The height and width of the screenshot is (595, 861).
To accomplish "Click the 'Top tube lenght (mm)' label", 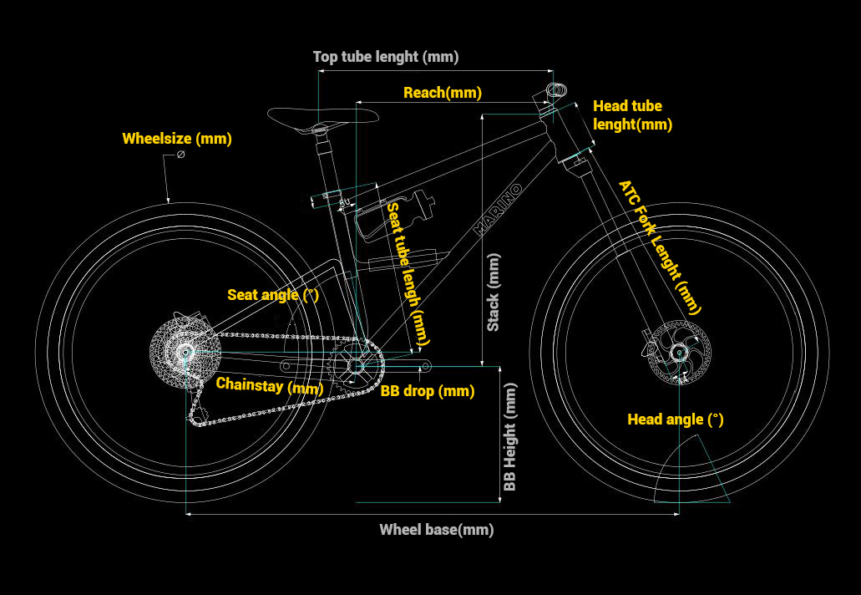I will tap(385, 57).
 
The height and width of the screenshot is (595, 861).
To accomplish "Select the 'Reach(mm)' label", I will tap(442, 93).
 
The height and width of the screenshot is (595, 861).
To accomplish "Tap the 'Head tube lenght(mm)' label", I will tap(631, 115).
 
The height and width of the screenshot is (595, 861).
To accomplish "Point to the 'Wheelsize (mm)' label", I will tap(177, 139).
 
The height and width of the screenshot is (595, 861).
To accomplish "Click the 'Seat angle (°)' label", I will tap(272, 295).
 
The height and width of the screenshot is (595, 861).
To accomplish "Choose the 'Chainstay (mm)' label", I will tap(269, 386).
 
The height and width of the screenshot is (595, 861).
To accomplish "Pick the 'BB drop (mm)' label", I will tap(428, 391).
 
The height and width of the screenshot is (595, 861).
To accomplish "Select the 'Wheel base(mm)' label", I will tap(436, 530).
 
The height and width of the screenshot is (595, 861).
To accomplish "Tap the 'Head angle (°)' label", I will tap(675, 420).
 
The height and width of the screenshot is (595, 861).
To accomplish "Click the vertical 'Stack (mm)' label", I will tap(494, 292).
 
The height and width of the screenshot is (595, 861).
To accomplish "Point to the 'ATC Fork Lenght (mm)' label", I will tap(660, 247).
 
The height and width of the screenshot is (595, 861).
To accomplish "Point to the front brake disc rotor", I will tap(678, 352).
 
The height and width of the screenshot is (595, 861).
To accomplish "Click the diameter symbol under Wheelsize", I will tap(180, 155).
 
